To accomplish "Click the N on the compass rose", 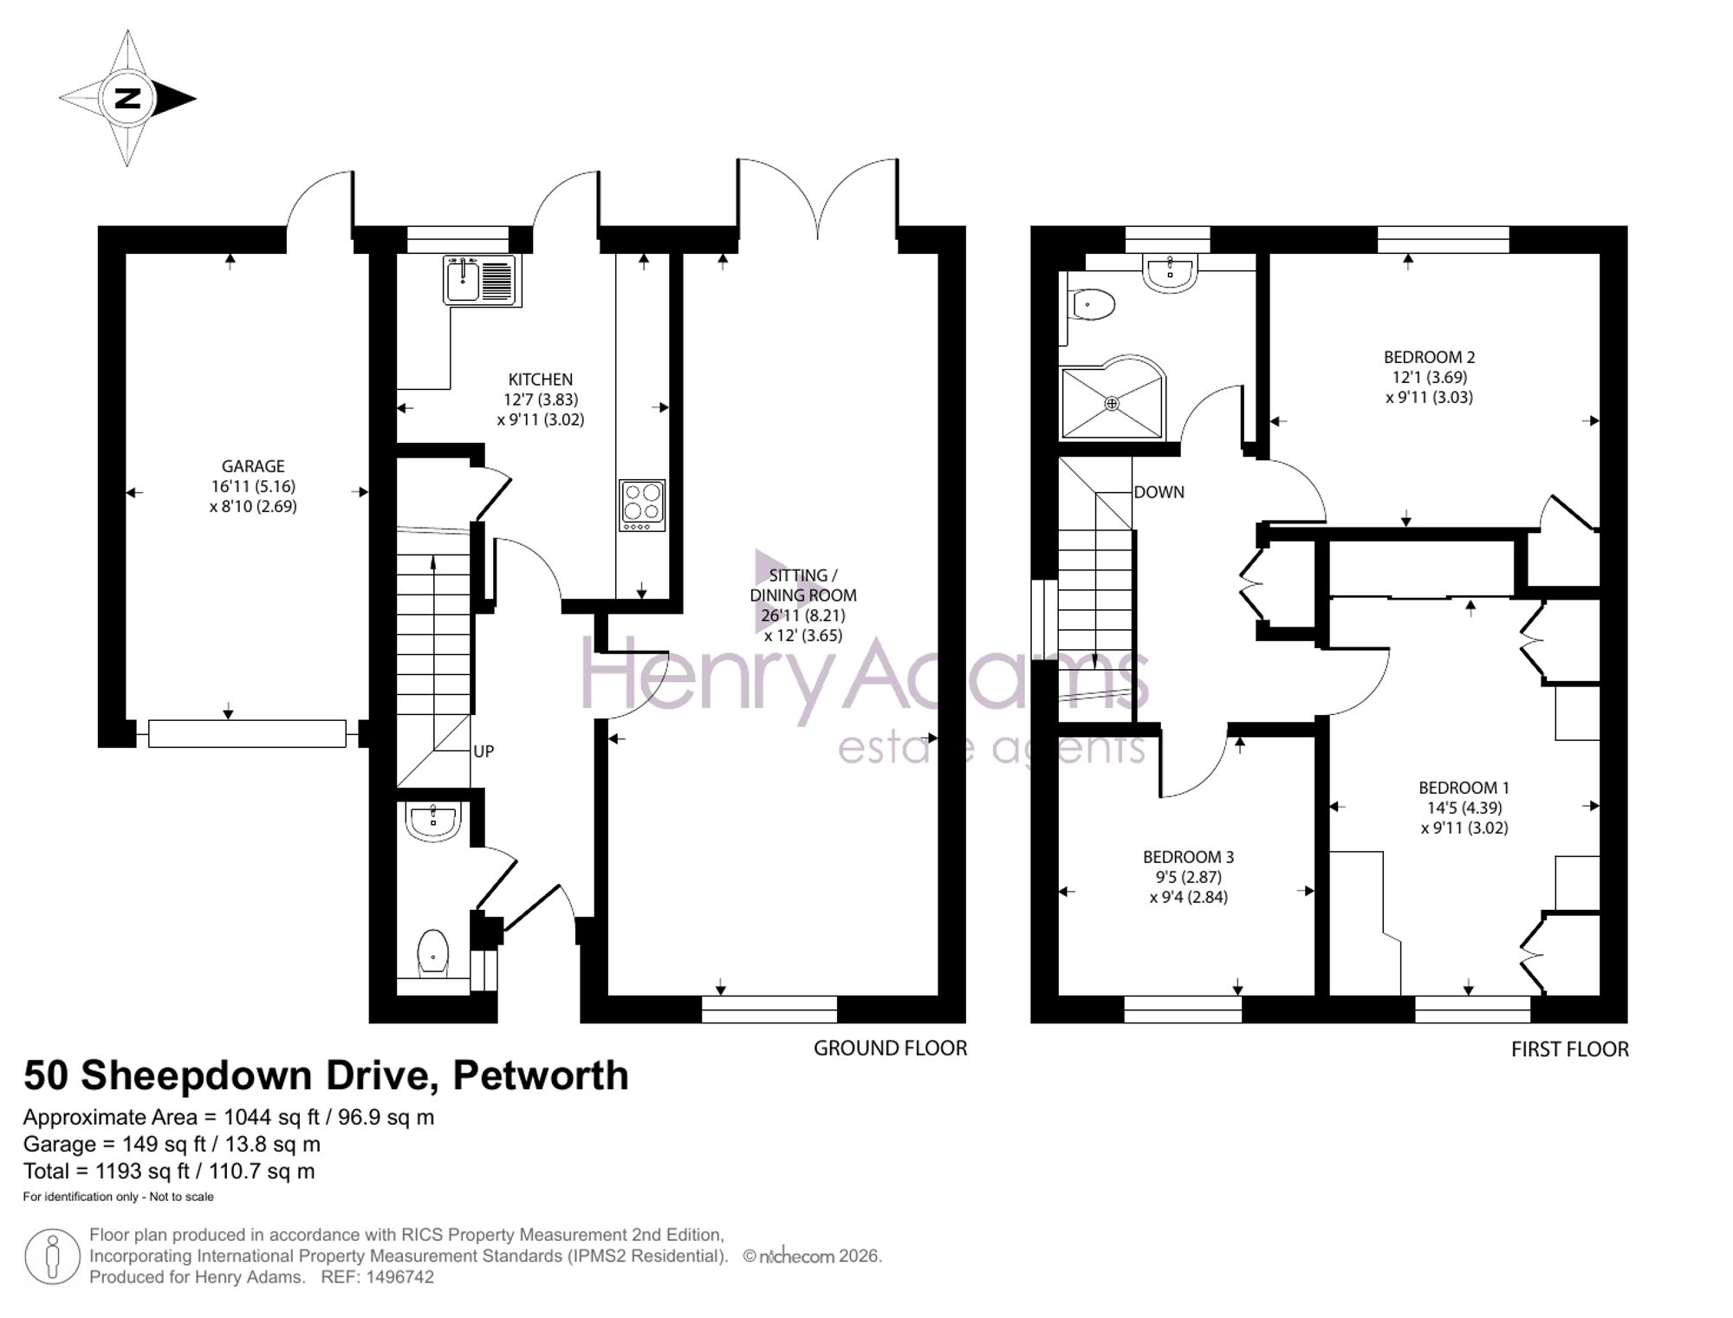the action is [128, 98].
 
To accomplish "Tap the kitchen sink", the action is [482, 280].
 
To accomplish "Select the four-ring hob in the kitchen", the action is [642, 505].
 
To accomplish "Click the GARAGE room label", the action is [253, 466].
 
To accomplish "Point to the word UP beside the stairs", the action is [484, 751].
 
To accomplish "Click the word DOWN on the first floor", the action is [1159, 492].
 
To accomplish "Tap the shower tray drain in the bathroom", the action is [1112, 403].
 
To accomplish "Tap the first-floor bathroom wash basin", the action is [1171, 270].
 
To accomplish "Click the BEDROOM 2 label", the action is [1429, 357].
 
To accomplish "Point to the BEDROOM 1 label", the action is [1464, 788].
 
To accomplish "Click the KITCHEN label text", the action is [540, 380].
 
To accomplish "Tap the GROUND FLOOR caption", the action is [890, 1049].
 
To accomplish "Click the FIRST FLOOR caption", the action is [1569, 1049].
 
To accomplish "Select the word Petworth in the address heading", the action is [541, 1075].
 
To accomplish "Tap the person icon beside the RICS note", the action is [52, 1256].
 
